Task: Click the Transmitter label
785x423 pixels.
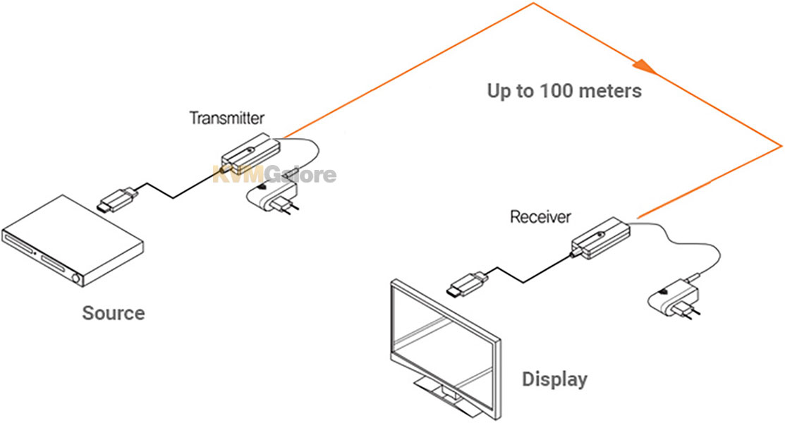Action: (x=227, y=118)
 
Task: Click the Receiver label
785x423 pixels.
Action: (x=540, y=216)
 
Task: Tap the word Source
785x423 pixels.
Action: (x=114, y=313)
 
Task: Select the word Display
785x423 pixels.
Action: (x=554, y=379)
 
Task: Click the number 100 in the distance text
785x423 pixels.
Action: (x=556, y=91)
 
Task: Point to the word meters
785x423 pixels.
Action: (x=610, y=91)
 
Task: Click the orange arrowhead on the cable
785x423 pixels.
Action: (x=645, y=67)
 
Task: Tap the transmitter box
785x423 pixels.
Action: (x=250, y=154)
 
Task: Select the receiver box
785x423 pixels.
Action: (x=600, y=238)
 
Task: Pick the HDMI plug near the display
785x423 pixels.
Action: (x=468, y=283)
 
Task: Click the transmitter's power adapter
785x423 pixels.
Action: (x=273, y=196)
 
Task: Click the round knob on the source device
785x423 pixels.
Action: (x=75, y=278)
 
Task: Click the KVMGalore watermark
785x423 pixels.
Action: (x=274, y=175)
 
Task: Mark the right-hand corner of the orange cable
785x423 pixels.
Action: (x=781, y=146)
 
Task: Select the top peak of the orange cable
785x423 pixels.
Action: (x=534, y=4)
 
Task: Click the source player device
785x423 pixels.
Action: (x=73, y=241)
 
